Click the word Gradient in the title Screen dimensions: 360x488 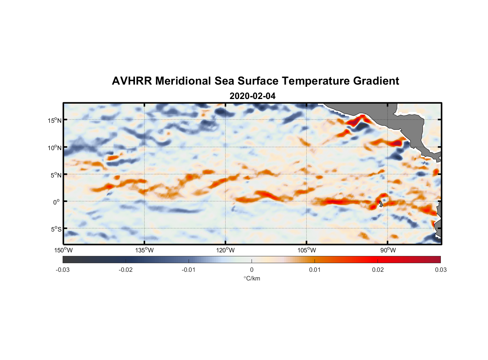click(376, 81)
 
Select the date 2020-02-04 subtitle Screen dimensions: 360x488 click(252, 96)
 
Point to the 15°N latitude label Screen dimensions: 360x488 click(54, 120)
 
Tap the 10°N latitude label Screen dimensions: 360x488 click(54, 148)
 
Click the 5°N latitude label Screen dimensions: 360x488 click(55, 175)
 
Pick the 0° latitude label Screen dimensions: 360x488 click(57, 202)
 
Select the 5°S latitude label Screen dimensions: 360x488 click(55, 229)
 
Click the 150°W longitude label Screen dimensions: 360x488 click(63, 250)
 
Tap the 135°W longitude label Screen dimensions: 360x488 click(144, 250)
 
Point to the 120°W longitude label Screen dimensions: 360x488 click(225, 250)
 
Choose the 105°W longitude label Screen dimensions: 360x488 click(306, 250)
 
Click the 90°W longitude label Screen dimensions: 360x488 click(388, 250)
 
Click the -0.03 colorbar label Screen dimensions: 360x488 click(63, 270)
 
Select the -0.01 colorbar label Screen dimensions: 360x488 click(189, 270)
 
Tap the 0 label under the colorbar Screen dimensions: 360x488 click(252, 270)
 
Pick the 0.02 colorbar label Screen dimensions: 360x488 click(378, 270)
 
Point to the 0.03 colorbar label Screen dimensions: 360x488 click(440, 270)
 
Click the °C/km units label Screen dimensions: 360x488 click(252, 278)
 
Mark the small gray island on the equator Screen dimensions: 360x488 click(381, 204)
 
